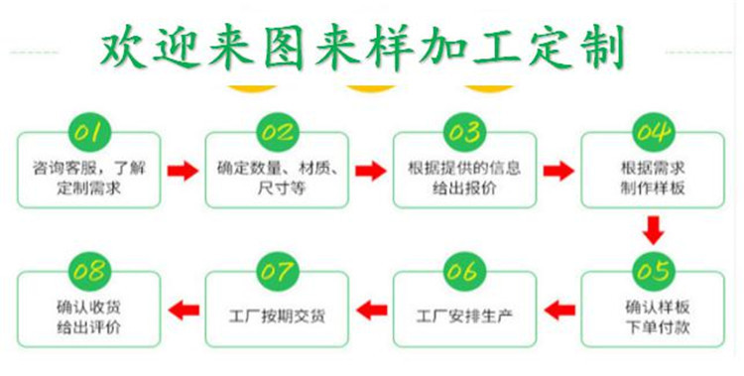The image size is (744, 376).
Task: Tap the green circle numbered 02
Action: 278,130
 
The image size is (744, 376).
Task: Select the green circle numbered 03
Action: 464,130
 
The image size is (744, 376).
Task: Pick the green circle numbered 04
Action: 650,130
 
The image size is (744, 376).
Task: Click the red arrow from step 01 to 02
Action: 183,171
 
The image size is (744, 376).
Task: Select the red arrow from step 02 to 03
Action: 370,171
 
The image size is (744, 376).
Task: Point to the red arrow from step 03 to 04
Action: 558,171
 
